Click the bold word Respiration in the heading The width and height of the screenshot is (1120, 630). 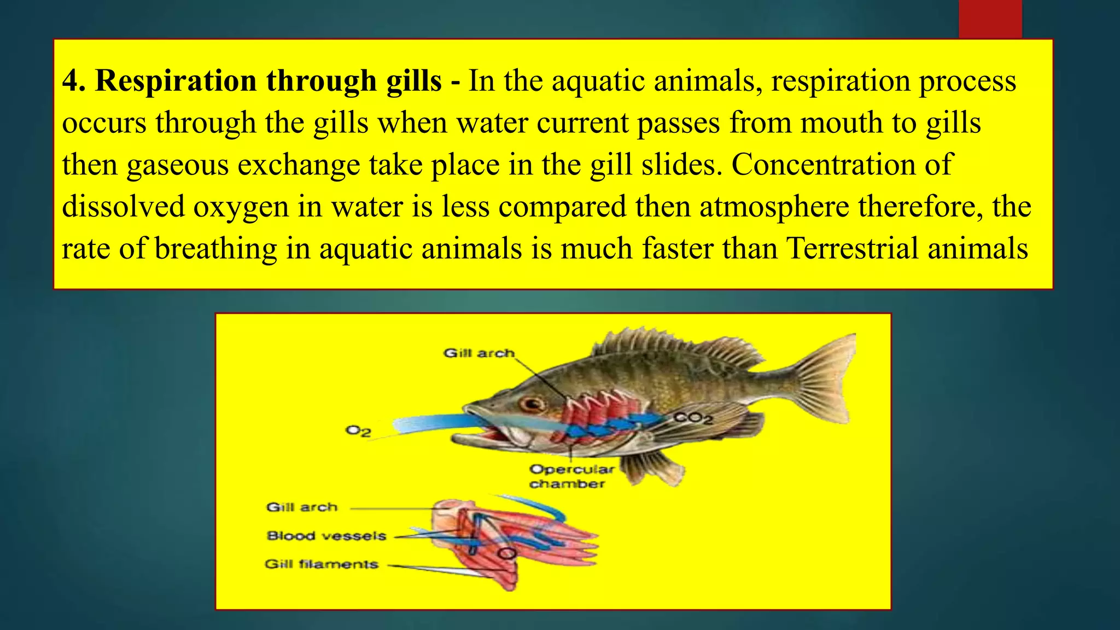tap(176, 81)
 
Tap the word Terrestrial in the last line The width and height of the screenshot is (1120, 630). tap(853, 248)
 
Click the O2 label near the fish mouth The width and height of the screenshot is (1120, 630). tap(358, 431)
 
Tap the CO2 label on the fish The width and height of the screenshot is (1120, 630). tap(693, 418)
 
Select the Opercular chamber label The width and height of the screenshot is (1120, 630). tap(571, 476)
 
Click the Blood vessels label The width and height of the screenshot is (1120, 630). tap(326, 536)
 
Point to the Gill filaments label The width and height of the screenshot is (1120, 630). tap(322, 564)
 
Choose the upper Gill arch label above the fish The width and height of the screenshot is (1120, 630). tap(479, 353)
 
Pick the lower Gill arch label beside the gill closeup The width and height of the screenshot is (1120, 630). tap(302, 507)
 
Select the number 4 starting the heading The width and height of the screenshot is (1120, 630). tap(70, 81)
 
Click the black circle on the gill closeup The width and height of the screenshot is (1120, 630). tap(506, 553)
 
